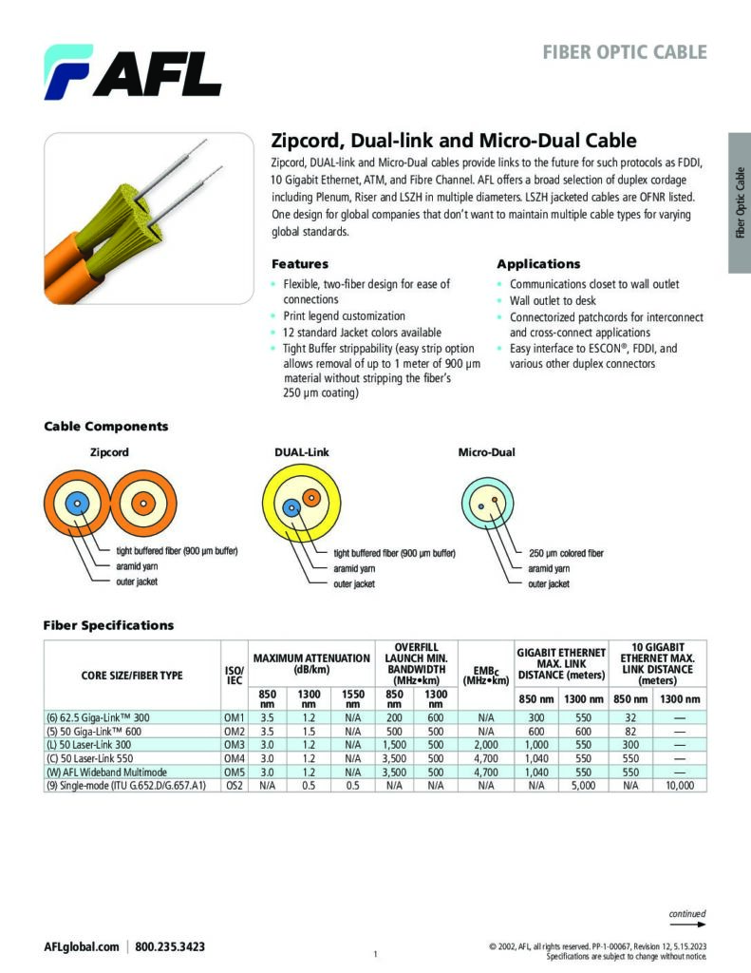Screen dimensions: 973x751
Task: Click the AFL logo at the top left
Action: click(132, 72)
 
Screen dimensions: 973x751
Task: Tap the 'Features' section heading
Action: click(300, 264)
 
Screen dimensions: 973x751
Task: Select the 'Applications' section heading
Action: click(538, 264)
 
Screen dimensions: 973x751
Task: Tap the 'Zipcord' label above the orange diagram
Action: click(109, 452)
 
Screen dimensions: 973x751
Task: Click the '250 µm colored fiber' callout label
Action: click(566, 553)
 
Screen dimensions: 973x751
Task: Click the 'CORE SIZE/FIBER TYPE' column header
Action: click(132, 676)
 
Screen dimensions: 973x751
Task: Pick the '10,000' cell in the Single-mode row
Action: click(680, 786)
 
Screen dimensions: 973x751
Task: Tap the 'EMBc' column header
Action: click(485, 676)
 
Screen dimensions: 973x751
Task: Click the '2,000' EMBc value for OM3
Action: click(485, 746)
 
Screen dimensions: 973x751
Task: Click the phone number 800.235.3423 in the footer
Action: click(171, 946)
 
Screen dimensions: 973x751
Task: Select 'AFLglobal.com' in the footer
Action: click(82, 946)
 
